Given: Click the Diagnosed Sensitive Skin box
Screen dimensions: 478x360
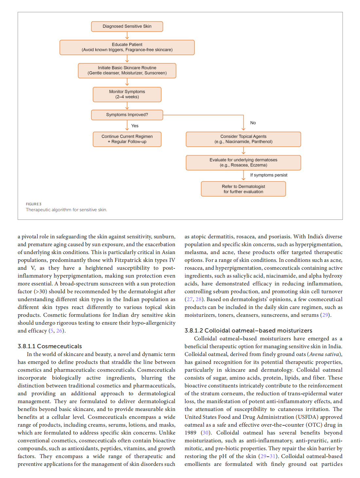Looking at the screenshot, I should (x=127, y=26).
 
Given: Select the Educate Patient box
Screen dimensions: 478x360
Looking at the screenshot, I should (x=127, y=47).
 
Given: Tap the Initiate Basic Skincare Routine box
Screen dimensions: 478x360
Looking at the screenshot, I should (x=127, y=71).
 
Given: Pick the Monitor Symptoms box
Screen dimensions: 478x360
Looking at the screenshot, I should (x=127, y=94).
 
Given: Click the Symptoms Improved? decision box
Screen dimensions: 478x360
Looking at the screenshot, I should (x=127, y=115).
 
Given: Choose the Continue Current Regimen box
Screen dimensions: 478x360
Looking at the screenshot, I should (x=127, y=139).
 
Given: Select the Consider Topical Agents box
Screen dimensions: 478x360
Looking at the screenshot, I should (x=243, y=139).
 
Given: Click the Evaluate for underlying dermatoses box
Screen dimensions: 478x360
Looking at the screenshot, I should (x=243, y=162).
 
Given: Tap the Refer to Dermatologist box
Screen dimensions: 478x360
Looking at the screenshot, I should (x=243, y=189).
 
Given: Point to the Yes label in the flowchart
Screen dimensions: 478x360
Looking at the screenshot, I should (x=135, y=126).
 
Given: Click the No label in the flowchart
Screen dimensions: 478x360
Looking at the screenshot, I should (x=253, y=123).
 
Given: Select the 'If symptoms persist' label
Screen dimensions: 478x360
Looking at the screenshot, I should (x=269, y=175).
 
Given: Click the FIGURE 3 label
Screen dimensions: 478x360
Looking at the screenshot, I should (x=34, y=204).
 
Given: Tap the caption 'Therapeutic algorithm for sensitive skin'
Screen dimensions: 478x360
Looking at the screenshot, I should (x=66, y=210).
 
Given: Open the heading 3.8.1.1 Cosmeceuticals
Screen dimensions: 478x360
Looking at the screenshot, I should (x=50, y=346).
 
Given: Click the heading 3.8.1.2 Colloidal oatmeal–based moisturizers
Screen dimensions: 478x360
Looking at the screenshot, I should (x=248, y=331).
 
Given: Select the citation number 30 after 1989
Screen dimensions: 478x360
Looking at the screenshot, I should (x=206, y=433).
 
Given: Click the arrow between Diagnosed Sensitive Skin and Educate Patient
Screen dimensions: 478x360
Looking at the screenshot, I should (x=127, y=36).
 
